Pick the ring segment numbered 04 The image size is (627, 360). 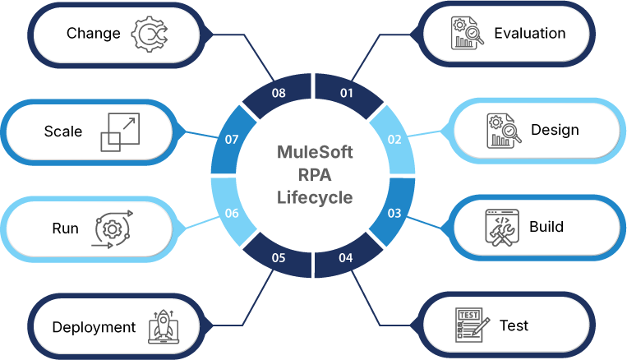(x=347, y=256)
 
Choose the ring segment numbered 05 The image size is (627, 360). (x=279, y=256)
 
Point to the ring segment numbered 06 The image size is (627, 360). (x=233, y=212)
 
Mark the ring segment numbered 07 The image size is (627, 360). (x=233, y=140)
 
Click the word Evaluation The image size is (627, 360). (x=529, y=34)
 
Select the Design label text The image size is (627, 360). (x=555, y=130)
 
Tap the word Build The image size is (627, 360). (x=546, y=226)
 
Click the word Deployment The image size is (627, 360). (x=94, y=327)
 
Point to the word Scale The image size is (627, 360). (x=63, y=132)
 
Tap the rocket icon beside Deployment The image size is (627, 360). (x=163, y=326)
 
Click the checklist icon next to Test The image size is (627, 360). (x=471, y=325)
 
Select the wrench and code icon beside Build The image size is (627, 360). (x=501, y=227)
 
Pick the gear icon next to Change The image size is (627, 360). (x=150, y=34)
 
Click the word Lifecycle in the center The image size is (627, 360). (x=314, y=197)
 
